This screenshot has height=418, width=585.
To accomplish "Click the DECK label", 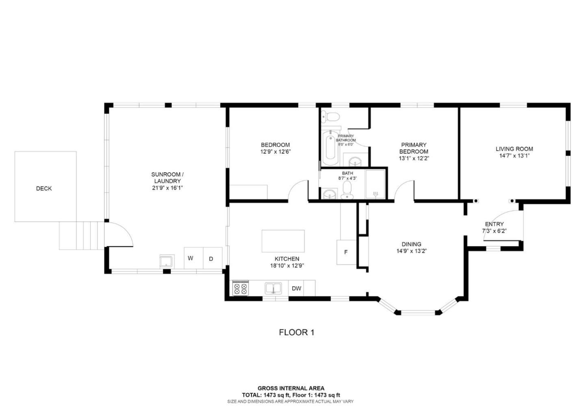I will point(44,188).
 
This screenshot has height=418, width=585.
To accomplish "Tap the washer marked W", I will point(190,258).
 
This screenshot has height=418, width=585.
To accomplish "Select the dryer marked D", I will point(211,259).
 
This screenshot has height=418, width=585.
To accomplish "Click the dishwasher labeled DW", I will point(297,288).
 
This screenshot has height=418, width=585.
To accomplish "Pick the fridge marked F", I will point(346,252).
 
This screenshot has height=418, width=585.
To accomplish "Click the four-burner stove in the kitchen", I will point(240,288).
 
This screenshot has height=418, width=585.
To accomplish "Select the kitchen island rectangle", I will point(283,241).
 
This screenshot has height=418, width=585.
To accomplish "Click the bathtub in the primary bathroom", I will point(329,148).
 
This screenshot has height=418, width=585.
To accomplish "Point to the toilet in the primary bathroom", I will point(331,117).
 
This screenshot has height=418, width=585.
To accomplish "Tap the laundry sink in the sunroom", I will point(167,261).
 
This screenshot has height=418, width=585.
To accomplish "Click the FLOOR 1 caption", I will point(297,332).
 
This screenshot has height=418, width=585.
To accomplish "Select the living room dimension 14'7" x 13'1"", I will point(514,156).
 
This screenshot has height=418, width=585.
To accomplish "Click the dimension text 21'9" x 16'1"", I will point(166,188).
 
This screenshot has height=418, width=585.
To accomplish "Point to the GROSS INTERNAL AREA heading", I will point(291,388).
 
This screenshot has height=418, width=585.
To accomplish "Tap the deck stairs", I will point(81,235).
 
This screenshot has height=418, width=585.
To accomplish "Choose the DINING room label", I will point(411,244).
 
